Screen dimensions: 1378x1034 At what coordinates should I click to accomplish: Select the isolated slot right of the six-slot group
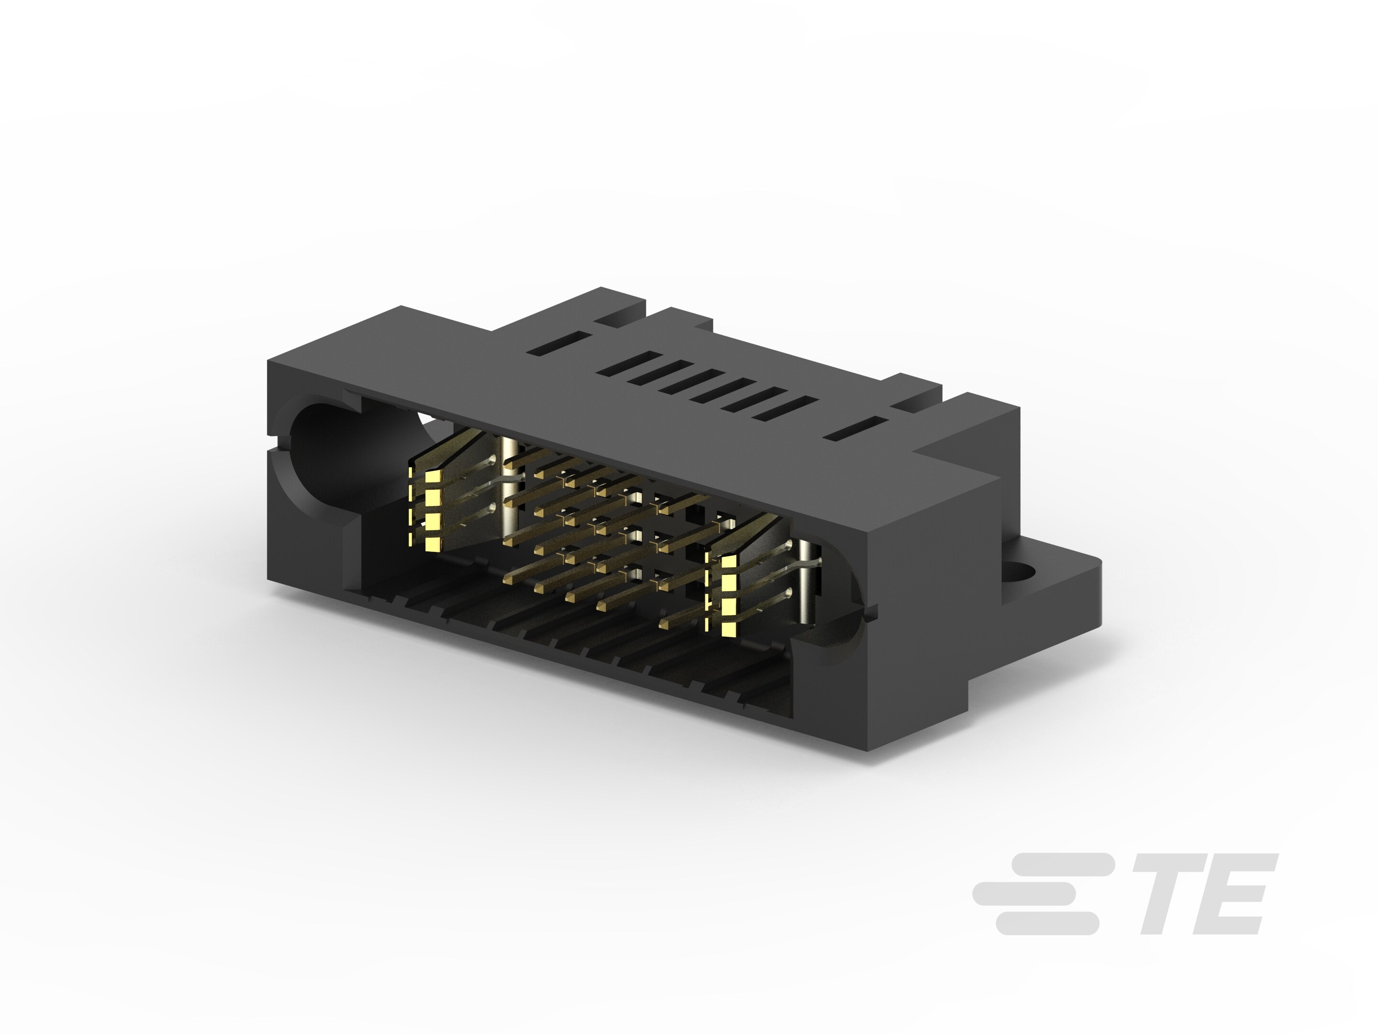tap(856, 429)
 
